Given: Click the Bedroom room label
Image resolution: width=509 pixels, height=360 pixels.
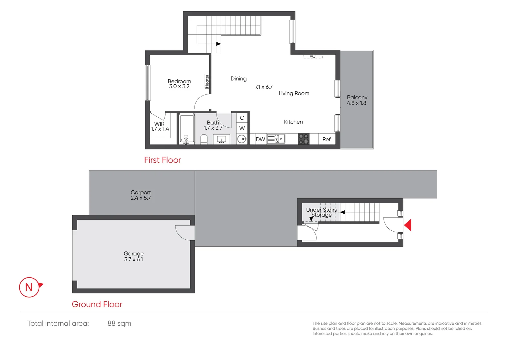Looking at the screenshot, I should (x=179, y=81).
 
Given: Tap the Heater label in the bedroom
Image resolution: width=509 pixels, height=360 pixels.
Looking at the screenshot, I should (x=207, y=81).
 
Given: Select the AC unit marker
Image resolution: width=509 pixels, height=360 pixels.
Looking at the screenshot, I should (x=312, y=57).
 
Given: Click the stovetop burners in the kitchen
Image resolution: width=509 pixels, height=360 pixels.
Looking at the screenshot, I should (x=303, y=139).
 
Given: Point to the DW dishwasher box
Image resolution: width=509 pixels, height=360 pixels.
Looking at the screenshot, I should (x=260, y=139).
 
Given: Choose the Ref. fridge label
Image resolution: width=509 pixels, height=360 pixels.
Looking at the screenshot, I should (x=327, y=139).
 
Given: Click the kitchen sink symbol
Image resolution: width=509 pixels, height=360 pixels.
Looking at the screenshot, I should (x=276, y=139).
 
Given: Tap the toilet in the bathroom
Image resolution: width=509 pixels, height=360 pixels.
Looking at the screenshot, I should (x=204, y=139).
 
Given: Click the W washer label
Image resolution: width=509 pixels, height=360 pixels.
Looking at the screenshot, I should (x=242, y=128).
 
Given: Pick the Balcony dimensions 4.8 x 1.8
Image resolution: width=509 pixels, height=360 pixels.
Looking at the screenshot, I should (x=356, y=103).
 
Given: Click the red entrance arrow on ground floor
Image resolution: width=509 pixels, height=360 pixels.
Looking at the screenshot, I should (x=408, y=225).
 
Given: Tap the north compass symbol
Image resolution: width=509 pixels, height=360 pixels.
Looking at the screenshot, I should (x=30, y=287).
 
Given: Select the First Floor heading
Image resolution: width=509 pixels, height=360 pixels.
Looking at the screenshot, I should (x=162, y=160).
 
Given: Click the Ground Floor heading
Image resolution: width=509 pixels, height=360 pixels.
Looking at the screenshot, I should (x=97, y=304).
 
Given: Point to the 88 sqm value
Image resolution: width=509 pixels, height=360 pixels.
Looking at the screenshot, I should (x=119, y=323).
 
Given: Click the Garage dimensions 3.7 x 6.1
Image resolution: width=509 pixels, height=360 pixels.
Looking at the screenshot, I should (x=134, y=259).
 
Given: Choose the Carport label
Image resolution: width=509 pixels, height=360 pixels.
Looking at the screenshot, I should (x=141, y=192).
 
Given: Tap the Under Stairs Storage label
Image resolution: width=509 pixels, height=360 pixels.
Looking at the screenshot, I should (x=321, y=212).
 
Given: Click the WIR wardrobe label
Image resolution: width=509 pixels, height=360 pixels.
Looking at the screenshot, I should (x=159, y=124).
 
